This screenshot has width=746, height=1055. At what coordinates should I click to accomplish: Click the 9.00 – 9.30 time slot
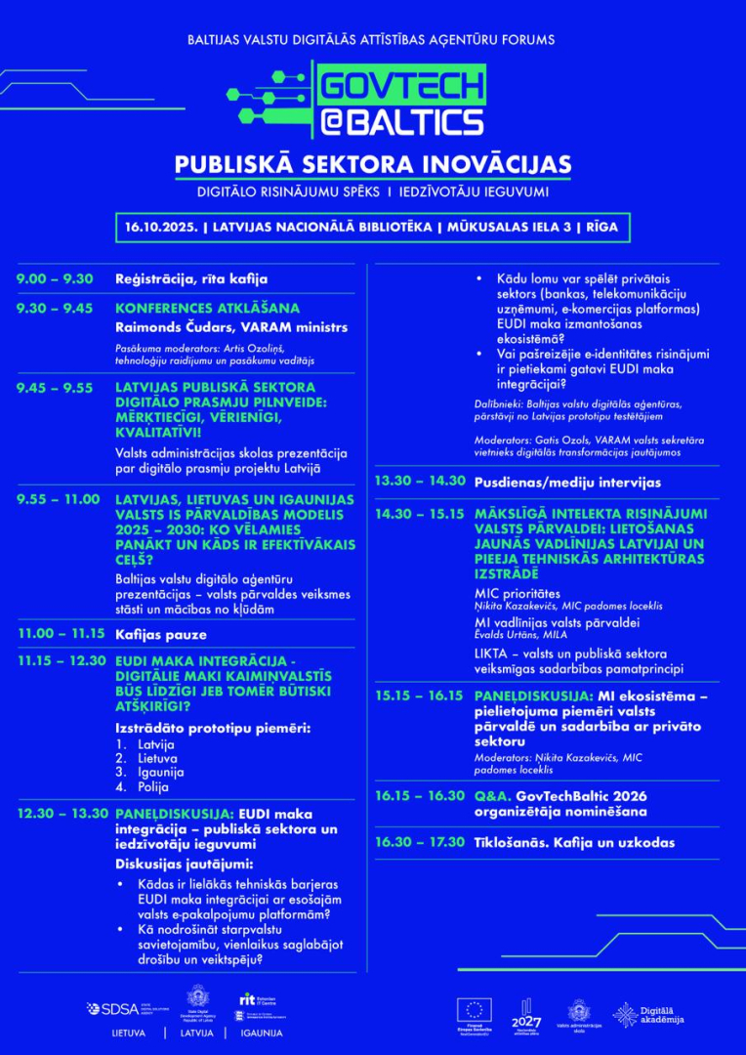point(55,278)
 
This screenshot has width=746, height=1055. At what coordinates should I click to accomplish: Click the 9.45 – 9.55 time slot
point(55,388)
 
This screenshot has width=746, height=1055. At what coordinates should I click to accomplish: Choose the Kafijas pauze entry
point(159,634)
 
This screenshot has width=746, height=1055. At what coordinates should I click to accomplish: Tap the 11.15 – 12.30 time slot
point(61,661)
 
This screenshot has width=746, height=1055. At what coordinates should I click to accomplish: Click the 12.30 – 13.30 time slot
point(61,813)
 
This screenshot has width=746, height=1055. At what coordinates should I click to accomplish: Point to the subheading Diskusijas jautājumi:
point(185,864)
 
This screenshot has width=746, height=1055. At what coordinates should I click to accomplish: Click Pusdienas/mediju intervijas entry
point(567,483)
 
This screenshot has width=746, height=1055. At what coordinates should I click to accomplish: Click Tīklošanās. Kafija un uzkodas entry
point(574,842)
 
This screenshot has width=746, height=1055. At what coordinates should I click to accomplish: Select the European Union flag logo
point(479,1009)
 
